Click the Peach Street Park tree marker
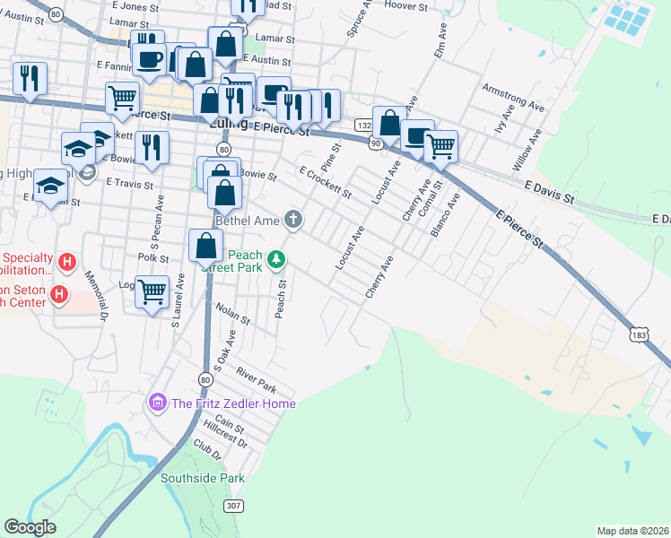(x=277, y=260)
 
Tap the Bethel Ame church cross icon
(x=293, y=219)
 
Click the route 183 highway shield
(x=638, y=335)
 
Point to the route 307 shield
(x=233, y=506)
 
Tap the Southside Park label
(x=203, y=478)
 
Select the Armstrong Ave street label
(x=513, y=99)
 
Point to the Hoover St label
(x=406, y=6)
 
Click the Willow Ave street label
(x=527, y=151)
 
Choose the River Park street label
(x=257, y=380)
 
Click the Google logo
(x=30, y=527)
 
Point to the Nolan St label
(x=232, y=313)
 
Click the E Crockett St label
(x=325, y=182)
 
